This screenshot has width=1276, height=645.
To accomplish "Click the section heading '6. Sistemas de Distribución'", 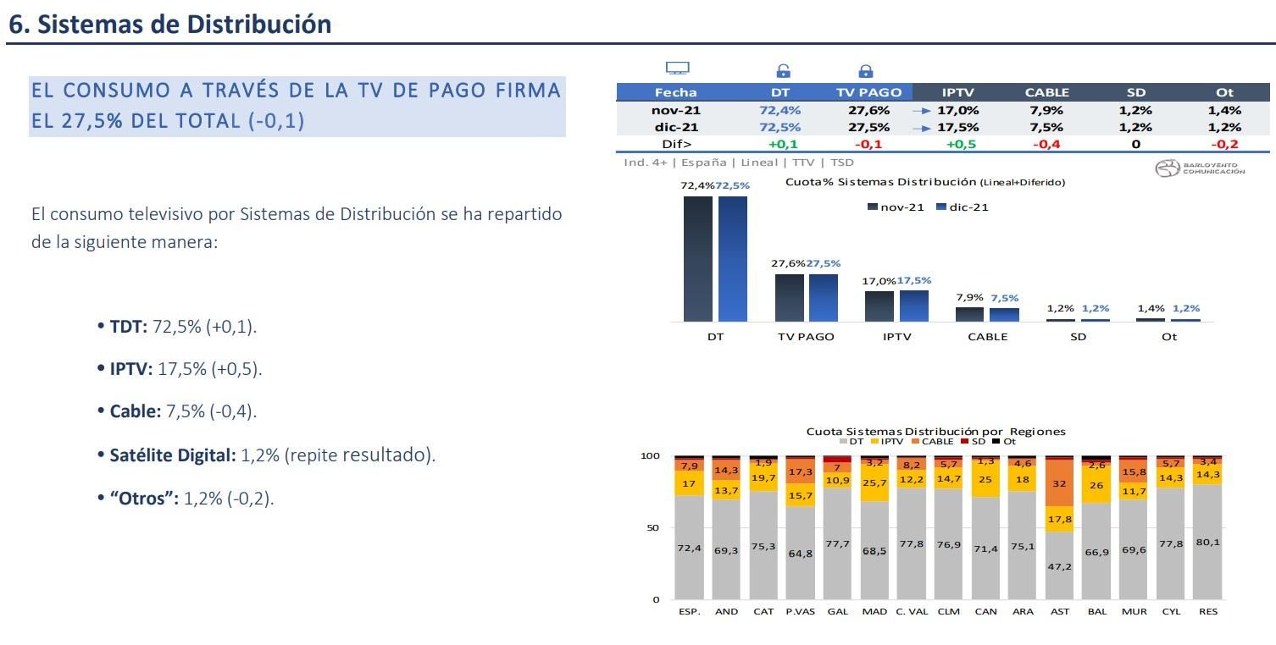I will pyautogui.click(x=169, y=24).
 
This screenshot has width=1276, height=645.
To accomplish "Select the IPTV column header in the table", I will pyautogui.click(x=957, y=92).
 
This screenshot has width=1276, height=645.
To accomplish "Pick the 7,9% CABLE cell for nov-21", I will pyautogui.click(x=1046, y=110).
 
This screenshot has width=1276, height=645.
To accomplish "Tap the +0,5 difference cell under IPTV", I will pyautogui.click(x=957, y=144).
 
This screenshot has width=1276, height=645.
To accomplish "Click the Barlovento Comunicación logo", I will pyautogui.click(x=1200, y=168).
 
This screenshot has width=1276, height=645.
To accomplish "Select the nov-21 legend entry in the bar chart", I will pyautogui.click(x=896, y=207).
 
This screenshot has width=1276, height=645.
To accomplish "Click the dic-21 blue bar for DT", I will pyautogui.click(x=733, y=258).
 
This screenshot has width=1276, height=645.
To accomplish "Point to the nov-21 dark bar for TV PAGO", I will pyautogui.click(x=789, y=297).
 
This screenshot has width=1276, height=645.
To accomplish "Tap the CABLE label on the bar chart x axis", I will pyautogui.click(x=987, y=337).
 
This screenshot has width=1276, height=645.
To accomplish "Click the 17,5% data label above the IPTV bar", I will pyautogui.click(x=914, y=280).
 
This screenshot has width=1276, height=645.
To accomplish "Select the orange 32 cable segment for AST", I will pyautogui.click(x=1059, y=483).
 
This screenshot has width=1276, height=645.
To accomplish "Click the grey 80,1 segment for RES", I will pyautogui.click(x=1207, y=542).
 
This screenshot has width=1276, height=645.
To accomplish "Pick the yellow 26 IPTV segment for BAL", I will pyautogui.click(x=1096, y=486).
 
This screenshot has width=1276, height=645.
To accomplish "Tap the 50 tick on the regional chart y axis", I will pyautogui.click(x=652, y=527).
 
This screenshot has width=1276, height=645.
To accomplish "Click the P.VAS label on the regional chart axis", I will pyautogui.click(x=800, y=611).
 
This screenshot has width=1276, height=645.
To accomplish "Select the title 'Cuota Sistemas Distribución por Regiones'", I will pyautogui.click(x=935, y=431).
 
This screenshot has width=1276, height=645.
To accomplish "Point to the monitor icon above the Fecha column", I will pyautogui.click(x=677, y=69).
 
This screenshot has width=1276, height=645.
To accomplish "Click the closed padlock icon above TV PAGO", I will pyautogui.click(x=865, y=71).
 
